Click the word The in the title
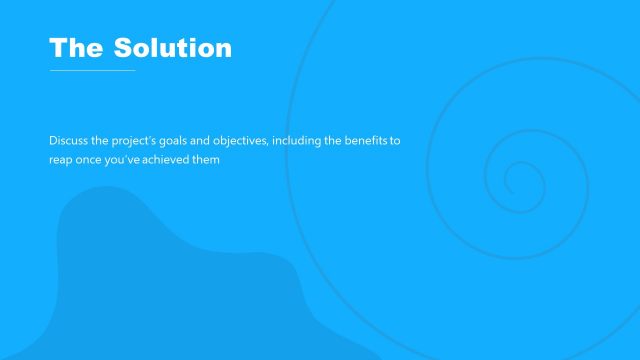tap(75, 47)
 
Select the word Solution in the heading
tap(172, 47)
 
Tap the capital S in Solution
tap(123, 47)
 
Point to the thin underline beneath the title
tap(92, 70)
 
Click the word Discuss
tap(68, 141)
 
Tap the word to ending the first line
tap(395, 141)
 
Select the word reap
tap(61, 160)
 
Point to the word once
tap(92, 160)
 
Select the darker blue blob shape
tap(170, 290)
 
